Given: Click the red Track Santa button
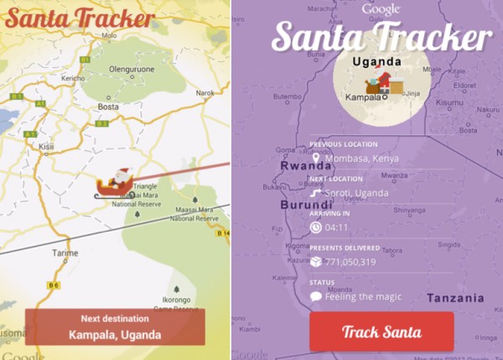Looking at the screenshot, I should pyautogui.click(x=381, y=331).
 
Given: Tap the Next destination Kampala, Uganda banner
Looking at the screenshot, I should pyautogui.click(x=115, y=327).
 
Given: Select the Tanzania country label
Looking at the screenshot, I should pyautogui.click(x=455, y=298).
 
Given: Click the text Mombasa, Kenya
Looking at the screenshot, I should pyautogui.click(x=360, y=158).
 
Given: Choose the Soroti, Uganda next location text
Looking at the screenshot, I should pyautogui.click(x=356, y=192).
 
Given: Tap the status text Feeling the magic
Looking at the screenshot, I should pyautogui.click(x=363, y=296).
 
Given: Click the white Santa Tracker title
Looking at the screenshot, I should pyautogui.click(x=381, y=37).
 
